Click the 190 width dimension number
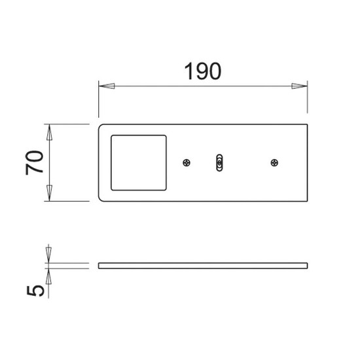click(203, 71)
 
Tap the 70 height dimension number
click(35, 162)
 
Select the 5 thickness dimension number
click(35, 291)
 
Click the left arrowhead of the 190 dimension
click(107, 86)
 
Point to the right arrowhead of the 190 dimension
click(299, 86)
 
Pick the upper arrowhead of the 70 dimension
click(49, 132)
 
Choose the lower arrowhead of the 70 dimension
click(49, 193)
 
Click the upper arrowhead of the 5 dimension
click(48, 255)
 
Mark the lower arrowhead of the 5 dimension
click(48, 276)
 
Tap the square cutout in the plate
click(139, 163)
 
